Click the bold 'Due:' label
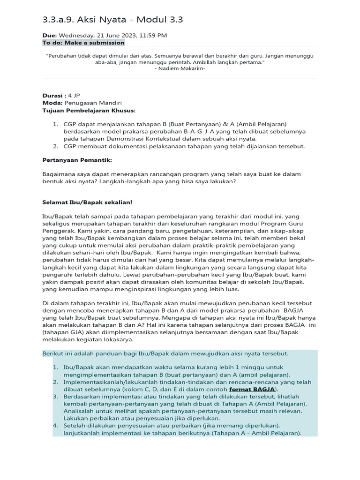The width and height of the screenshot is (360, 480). tap(50, 35)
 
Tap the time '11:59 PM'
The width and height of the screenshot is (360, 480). tap(153, 35)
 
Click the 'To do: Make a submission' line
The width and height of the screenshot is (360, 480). tap(83, 43)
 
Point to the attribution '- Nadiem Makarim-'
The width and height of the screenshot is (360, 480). tap(180, 69)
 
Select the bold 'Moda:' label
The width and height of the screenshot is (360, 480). tap(52, 103)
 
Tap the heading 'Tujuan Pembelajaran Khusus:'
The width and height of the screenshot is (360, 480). tap(89, 110)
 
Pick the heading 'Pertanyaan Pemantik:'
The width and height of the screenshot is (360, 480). tap(77, 160)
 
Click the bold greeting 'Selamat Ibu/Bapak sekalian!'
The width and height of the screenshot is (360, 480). tap(87, 202)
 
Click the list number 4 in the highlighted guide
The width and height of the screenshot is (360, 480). tap(55, 425)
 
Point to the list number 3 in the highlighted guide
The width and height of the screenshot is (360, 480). tap(55, 397)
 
